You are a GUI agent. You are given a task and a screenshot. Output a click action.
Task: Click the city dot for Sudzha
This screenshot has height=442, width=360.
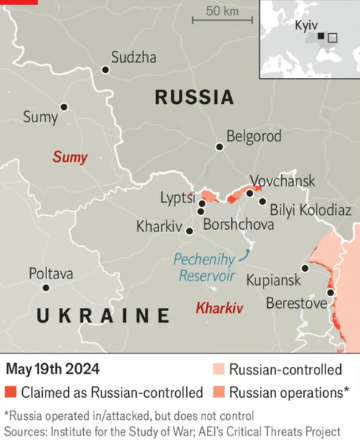[105, 70]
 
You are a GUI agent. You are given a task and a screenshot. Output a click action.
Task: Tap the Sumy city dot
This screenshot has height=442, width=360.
[64, 108]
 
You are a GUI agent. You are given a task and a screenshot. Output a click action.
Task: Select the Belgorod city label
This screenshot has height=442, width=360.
[254, 136]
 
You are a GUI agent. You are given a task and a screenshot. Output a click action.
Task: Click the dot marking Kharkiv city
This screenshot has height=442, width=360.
[190, 231]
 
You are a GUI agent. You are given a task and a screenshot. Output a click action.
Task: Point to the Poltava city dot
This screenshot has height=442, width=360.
[46, 288]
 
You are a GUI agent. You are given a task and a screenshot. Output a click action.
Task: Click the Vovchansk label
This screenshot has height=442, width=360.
[282, 180]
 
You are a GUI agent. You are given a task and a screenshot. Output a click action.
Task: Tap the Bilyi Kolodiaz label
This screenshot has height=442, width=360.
[310, 210]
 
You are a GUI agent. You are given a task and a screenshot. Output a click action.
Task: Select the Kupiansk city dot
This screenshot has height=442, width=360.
[305, 269]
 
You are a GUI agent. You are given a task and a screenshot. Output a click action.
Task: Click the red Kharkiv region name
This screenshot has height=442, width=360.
[219, 308]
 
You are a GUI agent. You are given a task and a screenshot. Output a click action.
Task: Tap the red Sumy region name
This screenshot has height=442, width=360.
[69, 157]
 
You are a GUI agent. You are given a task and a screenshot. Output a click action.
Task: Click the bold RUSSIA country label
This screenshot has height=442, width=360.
[194, 97]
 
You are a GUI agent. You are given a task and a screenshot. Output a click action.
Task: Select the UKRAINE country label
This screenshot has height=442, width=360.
[103, 317]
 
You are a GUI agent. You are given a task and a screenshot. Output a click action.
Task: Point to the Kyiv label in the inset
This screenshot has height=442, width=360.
[306, 25]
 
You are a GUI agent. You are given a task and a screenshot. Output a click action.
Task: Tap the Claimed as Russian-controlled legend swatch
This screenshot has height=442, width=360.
[10, 392]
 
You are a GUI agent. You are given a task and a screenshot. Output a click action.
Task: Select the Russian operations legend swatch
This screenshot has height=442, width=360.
[219, 392]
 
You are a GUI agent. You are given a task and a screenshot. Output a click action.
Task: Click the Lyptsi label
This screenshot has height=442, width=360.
[177, 197]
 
